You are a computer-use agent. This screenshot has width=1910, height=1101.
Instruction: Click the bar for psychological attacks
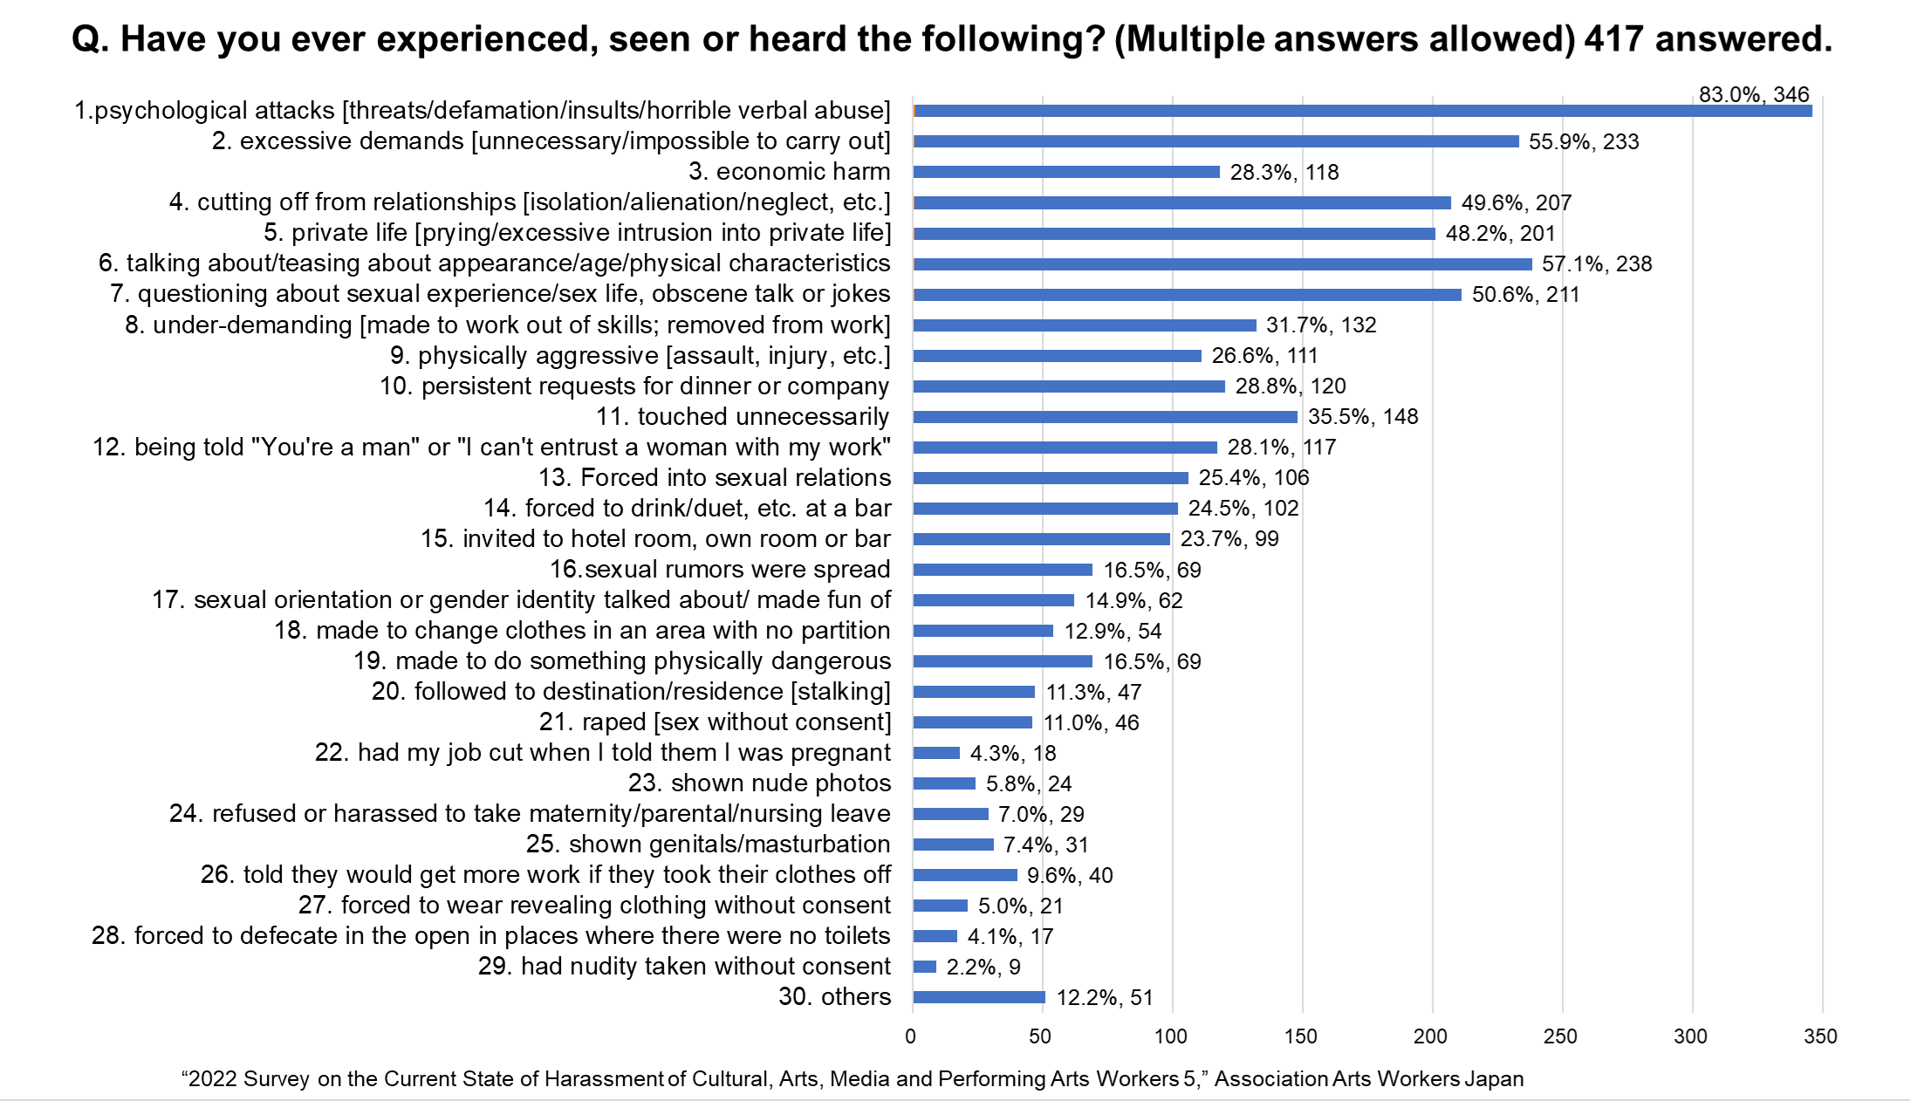pos(1361,111)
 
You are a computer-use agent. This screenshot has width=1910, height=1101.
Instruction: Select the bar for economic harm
pos(1066,172)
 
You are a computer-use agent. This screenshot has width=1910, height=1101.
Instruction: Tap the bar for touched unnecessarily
pos(1105,417)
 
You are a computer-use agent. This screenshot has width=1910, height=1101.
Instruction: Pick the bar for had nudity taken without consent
pos(925,967)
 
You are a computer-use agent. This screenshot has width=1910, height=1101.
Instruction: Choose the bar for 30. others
pos(979,997)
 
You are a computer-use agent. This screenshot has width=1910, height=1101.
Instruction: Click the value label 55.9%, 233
pos(1584,141)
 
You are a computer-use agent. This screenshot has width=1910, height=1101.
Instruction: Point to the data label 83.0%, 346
pos(1754,94)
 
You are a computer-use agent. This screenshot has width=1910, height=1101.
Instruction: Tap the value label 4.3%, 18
pos(1013,753)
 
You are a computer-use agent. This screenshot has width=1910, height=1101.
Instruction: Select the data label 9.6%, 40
pos(1070,875)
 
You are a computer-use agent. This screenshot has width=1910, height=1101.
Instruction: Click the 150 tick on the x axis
pos(1301,1036)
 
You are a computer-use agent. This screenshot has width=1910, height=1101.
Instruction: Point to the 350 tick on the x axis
pos(1820,1036)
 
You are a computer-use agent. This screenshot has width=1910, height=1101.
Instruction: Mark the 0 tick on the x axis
pos(911,1036)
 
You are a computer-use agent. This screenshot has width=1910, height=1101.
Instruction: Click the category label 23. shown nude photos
pos(759,783)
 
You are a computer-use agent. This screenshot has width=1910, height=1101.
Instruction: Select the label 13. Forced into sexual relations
pos(715,478)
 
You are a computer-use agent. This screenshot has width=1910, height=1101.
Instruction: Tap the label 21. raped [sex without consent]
pos(715,722)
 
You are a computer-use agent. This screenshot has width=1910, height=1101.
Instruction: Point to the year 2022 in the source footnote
pos(213,1079)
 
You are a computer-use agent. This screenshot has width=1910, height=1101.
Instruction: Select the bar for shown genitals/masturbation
pos(953,845)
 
